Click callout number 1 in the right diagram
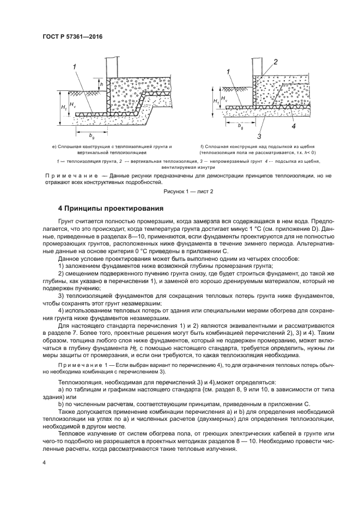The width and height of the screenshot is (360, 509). pyautogui.click(x=229, y=71)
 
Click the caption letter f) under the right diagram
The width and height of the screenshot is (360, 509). pyautogui.click(x=202, y=147)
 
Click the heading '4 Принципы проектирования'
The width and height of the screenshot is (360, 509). pyautogui.click(x=107, y=208)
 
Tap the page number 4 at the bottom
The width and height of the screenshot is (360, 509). pyautogui.click(x=44, y=462)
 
